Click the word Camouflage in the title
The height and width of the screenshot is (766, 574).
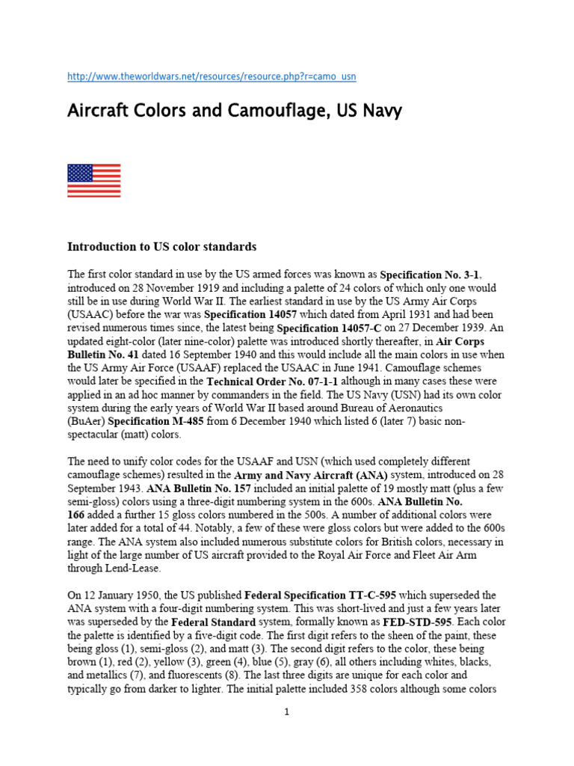256,112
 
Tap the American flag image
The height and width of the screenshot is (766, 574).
93,180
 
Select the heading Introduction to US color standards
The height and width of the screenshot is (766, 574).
162,246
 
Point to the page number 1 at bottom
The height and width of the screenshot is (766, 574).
286,711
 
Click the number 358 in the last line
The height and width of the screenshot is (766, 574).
359,689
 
